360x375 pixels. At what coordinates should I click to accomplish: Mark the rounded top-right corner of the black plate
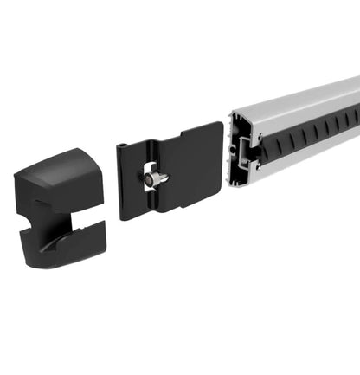click(x=218, y=128)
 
